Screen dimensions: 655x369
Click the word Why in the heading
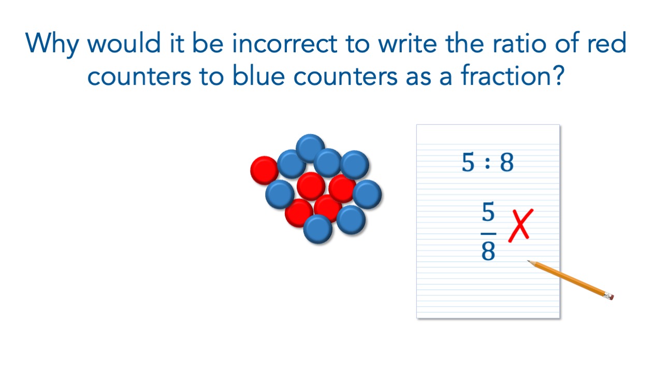(52, 45)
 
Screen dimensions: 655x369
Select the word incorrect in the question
(284, 44)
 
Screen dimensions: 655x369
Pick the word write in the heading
(407, 44)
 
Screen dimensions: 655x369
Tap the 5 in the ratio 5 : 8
(468, 162)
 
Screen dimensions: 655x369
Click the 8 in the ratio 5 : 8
(507, 162)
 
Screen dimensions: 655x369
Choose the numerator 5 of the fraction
(488, 212)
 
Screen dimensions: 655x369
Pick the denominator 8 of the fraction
(488, 251)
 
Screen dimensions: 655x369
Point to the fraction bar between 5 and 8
(488, 234)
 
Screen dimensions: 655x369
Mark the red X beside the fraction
(521, 225)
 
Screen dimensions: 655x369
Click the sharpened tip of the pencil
(528, 261)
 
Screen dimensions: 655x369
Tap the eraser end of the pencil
(610, 296)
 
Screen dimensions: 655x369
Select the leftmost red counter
(264, 171)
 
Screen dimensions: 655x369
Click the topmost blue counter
(310, 148)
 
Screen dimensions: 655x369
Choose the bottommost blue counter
(317, 229)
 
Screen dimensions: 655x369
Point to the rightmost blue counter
(367, 194)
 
